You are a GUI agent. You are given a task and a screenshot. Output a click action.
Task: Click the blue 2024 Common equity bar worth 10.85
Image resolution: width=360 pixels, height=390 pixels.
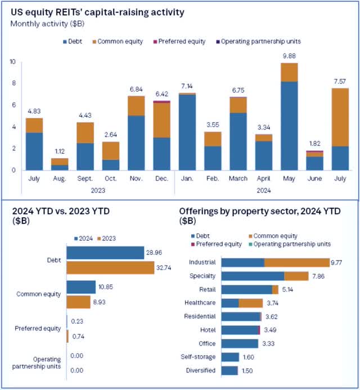coord(81,288)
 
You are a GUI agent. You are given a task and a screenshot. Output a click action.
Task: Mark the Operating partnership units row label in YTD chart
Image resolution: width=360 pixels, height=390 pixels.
coord(38,362)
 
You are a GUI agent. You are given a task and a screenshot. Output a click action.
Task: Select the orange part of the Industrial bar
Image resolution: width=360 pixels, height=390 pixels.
coord(296,262)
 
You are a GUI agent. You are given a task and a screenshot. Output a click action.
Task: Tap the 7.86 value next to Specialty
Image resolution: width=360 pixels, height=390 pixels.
coord(319,276)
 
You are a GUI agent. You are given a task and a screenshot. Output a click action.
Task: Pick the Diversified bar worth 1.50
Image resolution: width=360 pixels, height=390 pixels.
coord(230,370)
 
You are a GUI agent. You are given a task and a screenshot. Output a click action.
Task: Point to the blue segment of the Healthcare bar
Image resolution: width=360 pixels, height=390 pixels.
coord(230,303)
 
